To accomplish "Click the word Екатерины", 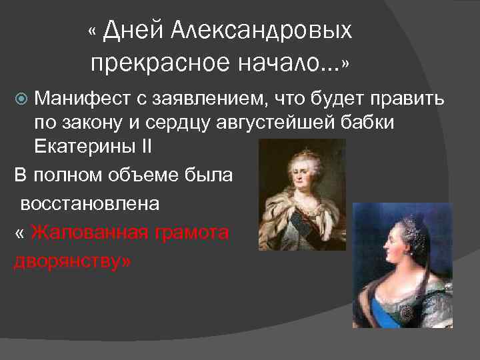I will (x=79, y=146).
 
